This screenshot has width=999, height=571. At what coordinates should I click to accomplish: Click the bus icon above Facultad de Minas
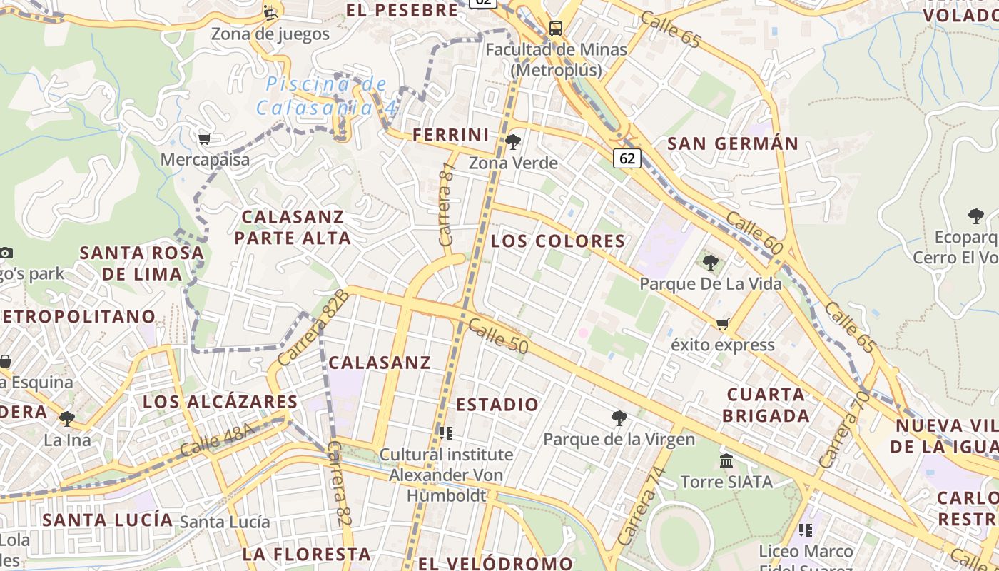(555, 29)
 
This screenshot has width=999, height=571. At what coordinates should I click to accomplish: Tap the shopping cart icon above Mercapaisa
(205, 138)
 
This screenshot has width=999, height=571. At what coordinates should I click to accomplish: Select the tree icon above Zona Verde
(512, 142)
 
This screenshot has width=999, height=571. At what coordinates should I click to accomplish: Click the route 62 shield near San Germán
(627, 158)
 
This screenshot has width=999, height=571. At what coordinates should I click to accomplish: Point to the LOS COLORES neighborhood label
(558, 241)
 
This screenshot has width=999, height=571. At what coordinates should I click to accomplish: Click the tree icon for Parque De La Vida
(710, 263)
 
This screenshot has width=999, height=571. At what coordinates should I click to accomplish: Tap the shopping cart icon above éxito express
(723, 325)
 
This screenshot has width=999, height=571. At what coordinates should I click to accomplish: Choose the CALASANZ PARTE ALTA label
(293, 227)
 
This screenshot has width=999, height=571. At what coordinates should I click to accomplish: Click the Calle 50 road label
(498, 336)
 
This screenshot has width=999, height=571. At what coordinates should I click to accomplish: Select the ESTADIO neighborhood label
(497, 405)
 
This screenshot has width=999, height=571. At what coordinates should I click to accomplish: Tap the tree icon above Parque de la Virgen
(619, 418)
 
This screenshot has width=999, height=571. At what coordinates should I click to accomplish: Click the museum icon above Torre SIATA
(726, 461)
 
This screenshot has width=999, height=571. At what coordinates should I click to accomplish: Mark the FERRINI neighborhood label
(451, 135)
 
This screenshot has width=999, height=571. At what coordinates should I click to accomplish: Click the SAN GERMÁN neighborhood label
(733, 143)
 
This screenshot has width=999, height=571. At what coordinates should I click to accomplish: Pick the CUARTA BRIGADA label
(766, 405)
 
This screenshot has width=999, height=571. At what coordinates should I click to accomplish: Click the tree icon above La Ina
(67, 418)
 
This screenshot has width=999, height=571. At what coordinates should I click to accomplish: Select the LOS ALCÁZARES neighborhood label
(220, 401)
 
